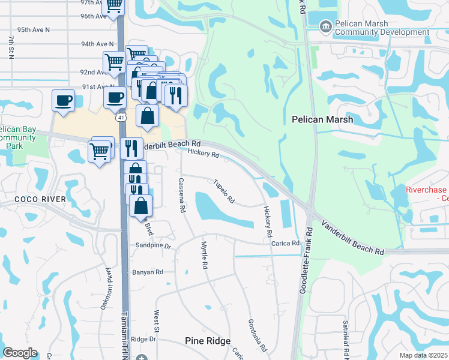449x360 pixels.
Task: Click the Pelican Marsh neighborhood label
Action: pos(322,119)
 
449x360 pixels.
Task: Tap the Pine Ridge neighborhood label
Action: pos(207,341)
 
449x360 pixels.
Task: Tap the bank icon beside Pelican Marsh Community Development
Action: pos(326,26)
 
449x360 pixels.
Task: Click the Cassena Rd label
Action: pos(181,196)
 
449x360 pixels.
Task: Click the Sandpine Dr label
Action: pos(153,246)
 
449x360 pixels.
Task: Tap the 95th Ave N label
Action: pos(34,29)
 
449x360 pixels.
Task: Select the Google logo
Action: pos(20,353)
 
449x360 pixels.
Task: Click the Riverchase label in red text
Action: pos(427,189)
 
